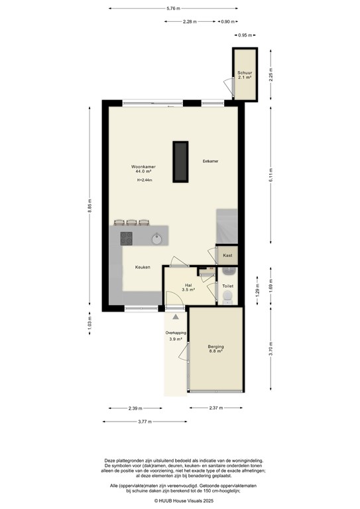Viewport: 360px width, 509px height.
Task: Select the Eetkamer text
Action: [211, 162]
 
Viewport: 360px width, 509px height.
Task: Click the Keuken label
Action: [143, 267]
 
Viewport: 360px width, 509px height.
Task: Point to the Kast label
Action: [227, 255]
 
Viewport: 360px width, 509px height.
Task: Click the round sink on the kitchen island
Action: [156, 239]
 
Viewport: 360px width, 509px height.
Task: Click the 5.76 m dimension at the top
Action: [174, 9]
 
